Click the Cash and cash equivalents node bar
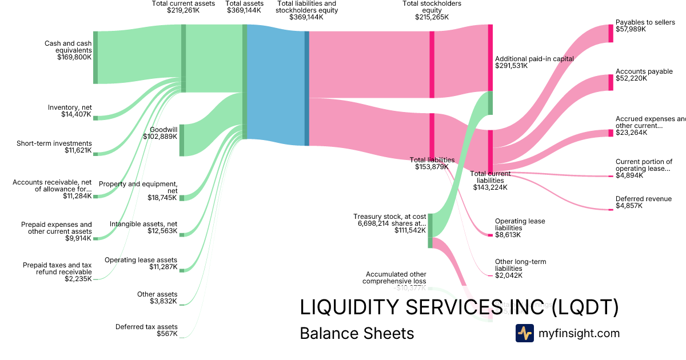point(95,58)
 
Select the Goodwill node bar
point(182,140)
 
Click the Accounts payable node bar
point(611,82)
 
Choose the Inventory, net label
point(70,107)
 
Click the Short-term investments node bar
point(95,154)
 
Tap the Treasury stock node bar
point(430,230)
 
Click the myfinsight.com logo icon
point(524,333)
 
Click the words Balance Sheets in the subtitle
point(357,333)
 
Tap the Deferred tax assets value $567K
point(167,334)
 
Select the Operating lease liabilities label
point(520,225)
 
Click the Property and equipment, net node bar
point(182,198)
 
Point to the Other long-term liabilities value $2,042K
point(507,275)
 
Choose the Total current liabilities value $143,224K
point(490,187)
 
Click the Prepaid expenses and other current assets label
point(56,228)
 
